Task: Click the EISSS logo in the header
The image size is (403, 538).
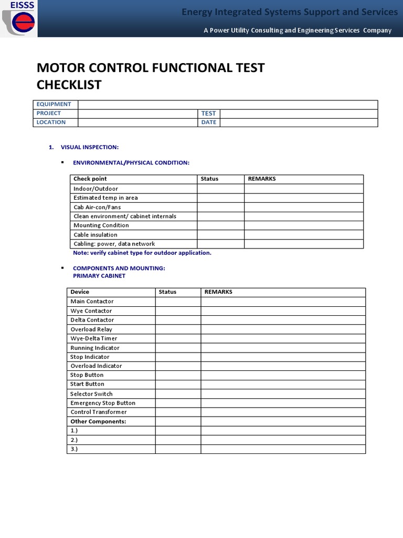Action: [x=19, y=19]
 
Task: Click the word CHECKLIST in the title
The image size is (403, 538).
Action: [x=69, y=85]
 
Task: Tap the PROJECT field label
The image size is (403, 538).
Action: [x=49, y=113]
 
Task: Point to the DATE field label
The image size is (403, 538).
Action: [x=208, y=122]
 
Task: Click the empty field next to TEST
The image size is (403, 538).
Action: [x=298, y=113]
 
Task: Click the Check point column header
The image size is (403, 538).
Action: [x=90, y=179]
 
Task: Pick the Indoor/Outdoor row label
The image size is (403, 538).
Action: [x=96, y=189]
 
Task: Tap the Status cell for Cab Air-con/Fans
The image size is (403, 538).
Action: [x=220, y=207]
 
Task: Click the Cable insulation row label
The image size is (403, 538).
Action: [x=96, y=235]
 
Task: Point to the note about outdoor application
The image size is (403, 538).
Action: [x=142, y=253]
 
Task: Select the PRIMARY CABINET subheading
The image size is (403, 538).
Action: [x=99, y=276]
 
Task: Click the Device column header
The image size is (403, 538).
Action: [x=80, y=292]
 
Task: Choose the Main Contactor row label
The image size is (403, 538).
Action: [x=92, y=302]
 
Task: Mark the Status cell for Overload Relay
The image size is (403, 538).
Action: [x=178, y=329]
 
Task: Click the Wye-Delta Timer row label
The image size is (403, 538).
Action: [x=94, y=338]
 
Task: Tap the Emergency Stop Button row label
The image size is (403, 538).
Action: [x=103, y=403]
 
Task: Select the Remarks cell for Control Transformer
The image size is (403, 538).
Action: [x=283, y=412]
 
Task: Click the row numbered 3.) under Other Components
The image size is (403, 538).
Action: [x=75, y=449]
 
